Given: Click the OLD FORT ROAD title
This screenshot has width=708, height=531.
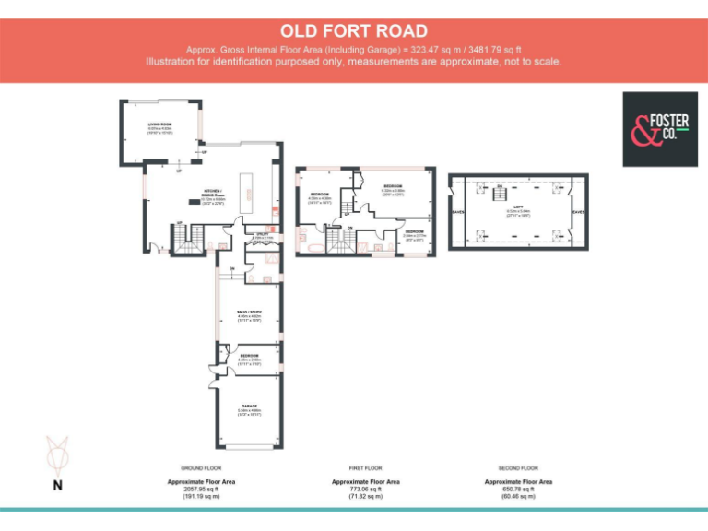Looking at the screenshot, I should (x=354, y=31).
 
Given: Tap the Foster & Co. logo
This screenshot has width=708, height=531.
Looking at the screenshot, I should (x=659, y=129).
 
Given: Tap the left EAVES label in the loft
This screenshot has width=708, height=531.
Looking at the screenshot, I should (x=458, y=212).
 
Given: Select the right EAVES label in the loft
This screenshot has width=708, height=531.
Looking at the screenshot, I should (x=578, y=212).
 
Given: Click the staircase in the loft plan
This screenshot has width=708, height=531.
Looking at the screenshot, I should (x=499, y=190).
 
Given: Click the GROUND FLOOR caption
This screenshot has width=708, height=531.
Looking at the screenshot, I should (x=201, y=468).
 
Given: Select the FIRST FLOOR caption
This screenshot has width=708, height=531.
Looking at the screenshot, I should (x=366, y=468).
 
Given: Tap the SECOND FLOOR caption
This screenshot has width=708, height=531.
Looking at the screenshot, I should (x=518, y=468).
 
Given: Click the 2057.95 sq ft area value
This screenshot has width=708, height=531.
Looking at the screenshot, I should (x=201, y=489).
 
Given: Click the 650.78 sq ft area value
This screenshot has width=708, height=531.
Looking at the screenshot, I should (x=518, y=489).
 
